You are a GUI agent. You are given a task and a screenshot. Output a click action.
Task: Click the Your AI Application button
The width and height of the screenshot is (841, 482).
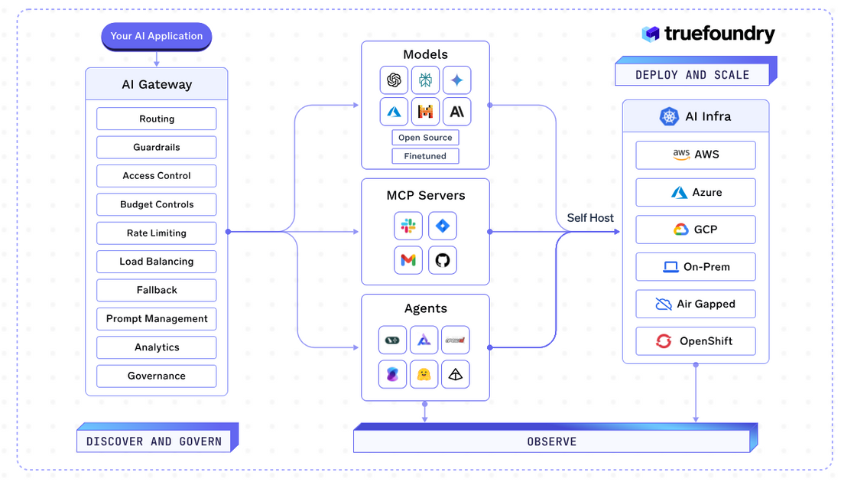(156, 36)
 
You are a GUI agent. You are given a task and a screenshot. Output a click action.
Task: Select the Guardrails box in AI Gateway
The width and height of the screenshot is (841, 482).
(156, 148)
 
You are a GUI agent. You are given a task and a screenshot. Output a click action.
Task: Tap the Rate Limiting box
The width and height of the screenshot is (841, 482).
(156, 233)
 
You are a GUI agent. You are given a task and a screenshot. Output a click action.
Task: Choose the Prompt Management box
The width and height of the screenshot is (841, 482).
(156, 319)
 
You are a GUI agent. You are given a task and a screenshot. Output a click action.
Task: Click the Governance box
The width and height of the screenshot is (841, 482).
(156, 376)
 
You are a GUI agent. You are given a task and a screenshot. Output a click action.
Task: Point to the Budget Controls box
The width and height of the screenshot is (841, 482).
(156, 205)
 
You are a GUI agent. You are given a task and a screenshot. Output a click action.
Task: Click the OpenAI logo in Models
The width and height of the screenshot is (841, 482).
(394, 80)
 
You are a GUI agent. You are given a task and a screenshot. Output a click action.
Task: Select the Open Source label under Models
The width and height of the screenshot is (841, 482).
(425, 138)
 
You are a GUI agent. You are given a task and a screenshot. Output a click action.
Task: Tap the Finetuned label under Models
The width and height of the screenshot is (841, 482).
(425, 156)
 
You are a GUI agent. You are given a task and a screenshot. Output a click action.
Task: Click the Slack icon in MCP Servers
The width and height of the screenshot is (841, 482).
(408, 226)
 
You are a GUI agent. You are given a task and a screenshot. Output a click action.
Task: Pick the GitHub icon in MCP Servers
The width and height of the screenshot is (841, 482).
(442, 261)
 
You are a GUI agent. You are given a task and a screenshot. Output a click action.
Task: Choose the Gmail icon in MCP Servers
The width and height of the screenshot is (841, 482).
(408, 261)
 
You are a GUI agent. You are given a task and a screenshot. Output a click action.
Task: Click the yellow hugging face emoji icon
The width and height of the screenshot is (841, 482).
(424, 374)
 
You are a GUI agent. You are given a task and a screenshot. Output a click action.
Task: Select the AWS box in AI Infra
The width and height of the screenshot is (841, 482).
(695, 155)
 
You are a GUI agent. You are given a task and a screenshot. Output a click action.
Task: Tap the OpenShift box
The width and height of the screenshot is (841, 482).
(695, 341)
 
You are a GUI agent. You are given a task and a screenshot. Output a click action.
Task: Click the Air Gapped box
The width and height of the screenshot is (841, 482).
(695, 305)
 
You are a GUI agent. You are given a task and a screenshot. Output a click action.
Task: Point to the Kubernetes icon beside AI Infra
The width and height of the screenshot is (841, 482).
(669, 117)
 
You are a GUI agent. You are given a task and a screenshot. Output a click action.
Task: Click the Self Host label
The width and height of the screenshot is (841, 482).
(589, 218)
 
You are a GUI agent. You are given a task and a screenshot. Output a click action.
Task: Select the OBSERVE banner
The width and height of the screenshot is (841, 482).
(551, 441)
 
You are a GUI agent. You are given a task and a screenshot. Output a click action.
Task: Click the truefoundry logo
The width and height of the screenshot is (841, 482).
(708, 34)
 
